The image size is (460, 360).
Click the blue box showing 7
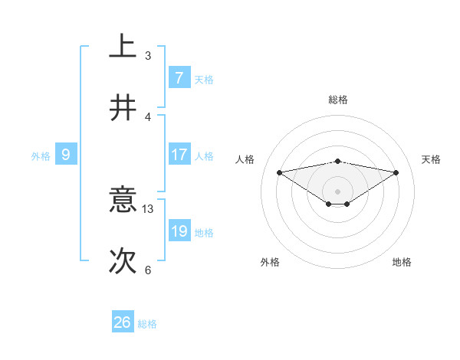(x=179, y=77)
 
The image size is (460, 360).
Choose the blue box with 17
(x=179, y=155)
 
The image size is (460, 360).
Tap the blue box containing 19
(x=179, y=231)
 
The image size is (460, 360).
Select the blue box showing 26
(x=123, y=322)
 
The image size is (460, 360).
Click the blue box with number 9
(x=66, y=155)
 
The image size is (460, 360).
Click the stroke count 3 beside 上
(x=148, y=55)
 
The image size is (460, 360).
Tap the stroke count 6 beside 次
(x=148, y=270)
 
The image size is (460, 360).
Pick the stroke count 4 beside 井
(x=148, y=116)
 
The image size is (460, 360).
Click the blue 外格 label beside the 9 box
(x=41, y=156)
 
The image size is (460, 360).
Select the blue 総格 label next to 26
(x=147, y=324)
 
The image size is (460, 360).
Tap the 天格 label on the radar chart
(x=432, y=159)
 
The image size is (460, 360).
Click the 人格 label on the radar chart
(x=245, y=159)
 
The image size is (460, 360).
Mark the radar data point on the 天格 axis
(x=396, y=172)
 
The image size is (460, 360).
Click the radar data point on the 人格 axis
(x=279, y=172)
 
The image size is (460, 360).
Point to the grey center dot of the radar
(x=338, y=191)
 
